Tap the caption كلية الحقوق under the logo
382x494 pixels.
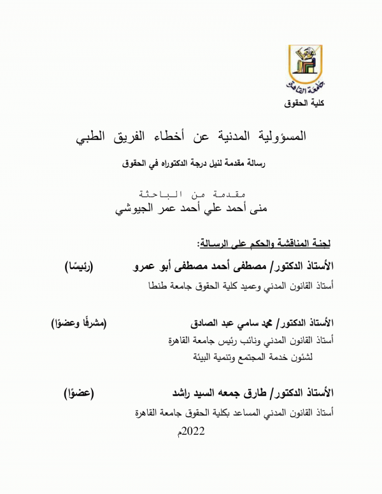click(x=307, y=103)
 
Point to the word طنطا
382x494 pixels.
click(x=156, y=286)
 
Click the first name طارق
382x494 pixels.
click(x=264, y=392)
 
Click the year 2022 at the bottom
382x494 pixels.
click(x=194, y=434)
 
